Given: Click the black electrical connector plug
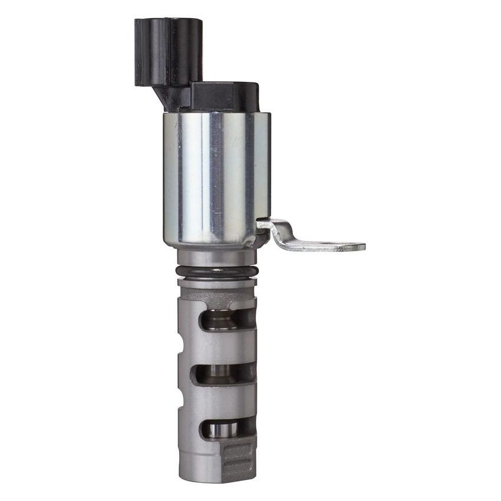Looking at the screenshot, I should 167,50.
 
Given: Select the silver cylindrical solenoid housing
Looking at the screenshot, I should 216,177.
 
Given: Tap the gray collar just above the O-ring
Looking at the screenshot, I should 217,257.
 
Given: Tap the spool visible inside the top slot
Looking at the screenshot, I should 223,320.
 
